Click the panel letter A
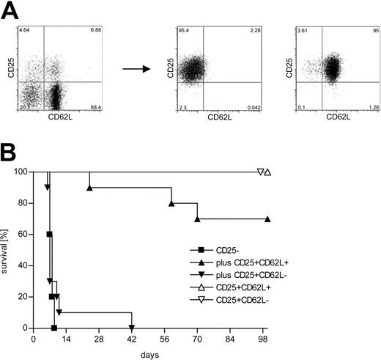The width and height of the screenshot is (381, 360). [x=10, y=11]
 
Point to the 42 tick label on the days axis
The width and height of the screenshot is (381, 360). [x=132, y=340]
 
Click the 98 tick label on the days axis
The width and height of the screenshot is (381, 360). [x=263, y=340]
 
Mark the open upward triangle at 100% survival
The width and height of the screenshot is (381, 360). [x=267, y=172]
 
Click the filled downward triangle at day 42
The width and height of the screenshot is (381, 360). [x=132, y=328]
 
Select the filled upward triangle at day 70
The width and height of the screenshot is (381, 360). [x=197, y=219]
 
